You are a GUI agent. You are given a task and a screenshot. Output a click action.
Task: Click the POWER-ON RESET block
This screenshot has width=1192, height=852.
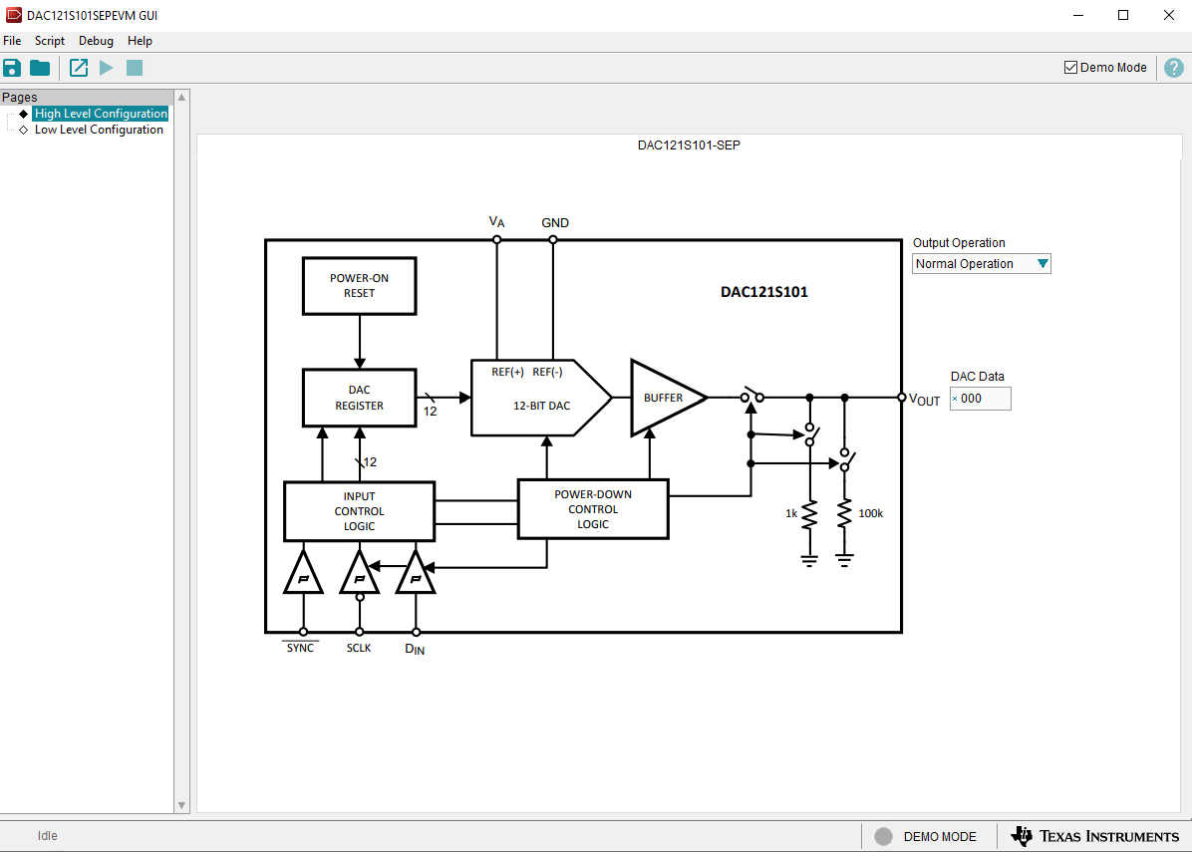tap(359, 286)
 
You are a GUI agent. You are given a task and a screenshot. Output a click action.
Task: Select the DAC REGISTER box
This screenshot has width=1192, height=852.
tap(359, 398)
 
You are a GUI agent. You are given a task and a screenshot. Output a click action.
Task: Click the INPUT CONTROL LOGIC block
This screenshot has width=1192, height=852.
tap(359, 511)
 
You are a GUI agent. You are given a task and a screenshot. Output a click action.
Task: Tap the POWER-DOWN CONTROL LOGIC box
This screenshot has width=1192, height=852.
tap(593, 509)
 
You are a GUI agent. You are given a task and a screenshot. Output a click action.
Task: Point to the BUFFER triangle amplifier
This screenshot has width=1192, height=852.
tap(662, 398)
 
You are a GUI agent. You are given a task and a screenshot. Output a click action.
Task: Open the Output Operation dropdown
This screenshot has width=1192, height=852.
tap(982, 264)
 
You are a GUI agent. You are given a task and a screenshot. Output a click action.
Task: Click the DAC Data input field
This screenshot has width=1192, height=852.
tap(983, 399)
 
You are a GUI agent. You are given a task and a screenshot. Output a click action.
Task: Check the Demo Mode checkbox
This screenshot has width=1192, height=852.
tap(1071, 68)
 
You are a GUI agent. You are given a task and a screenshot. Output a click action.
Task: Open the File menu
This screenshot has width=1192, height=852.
tap(12, 41)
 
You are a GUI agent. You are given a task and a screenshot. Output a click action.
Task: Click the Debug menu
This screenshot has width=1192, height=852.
tap(96, 41)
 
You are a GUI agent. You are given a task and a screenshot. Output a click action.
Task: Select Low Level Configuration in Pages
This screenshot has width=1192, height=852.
tap(99, 130)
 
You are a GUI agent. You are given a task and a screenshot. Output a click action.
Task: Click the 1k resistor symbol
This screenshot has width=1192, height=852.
tap(809, 514)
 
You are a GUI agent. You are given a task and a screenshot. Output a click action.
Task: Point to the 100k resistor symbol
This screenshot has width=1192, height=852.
tap(844, 514)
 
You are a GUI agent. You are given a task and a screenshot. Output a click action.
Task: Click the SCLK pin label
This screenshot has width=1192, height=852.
tap(359, 648)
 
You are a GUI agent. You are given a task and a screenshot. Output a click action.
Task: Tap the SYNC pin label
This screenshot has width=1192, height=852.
tap(300, 648)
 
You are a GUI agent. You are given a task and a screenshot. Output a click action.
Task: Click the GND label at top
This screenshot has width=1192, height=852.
tap(555, 223)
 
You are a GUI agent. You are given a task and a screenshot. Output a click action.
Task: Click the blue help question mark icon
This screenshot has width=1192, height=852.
tap(1174, 68)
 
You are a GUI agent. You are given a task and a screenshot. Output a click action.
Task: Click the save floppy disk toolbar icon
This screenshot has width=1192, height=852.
tap(12, 68)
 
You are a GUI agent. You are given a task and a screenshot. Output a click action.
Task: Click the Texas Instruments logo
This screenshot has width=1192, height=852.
tap(1094, 836)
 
